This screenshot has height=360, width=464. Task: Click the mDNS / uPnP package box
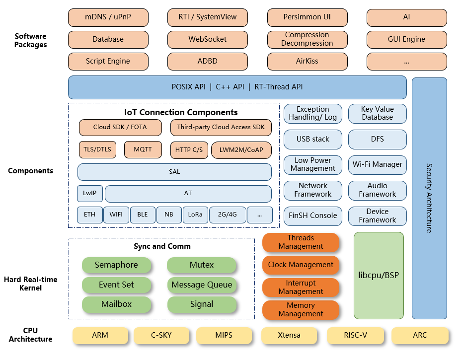pyautogui.click(x=108, y=17)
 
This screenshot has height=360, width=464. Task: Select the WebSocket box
pyautogui.click(x=207, y=39)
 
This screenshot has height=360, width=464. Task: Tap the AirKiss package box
pyautogui.click(x=307, y=62)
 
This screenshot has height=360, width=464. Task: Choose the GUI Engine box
pyautogui.click(x=406, y=39)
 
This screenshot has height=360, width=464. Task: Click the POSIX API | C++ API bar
pyautogui.click(x=237, y=87)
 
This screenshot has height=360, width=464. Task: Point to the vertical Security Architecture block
pyautogui.click(x=429, y=198)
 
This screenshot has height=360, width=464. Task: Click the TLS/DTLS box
pyautogui.click(x=97, y=149)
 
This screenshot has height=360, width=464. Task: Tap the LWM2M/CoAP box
pyautogui.click(x=241, y=150)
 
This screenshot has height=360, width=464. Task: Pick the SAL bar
pyautogui.click(x=174, y=172)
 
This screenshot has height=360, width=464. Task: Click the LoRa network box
pyautogui.click(x=194, y=215)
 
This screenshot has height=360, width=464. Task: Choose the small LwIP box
pyautogui.click(x=89, y=193)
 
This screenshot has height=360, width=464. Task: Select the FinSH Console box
pyautogui.click(x=313, y=216)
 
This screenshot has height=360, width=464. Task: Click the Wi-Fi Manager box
pyautogui.click(x=378, y=164)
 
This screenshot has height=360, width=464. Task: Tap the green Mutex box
pyautogui.click(x=202, y=265)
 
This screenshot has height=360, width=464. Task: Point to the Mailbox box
pyautogui.click(x=116, y=304)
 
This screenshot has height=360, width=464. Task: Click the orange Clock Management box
pyautogui.click(x=301, y=265)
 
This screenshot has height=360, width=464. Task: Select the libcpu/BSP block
pyautogui.click(x=379, y=275)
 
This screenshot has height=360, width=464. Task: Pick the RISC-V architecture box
pyautogui.click(x=355, y=335)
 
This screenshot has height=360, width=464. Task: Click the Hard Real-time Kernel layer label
pyautogui.click(x=30, y=284)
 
